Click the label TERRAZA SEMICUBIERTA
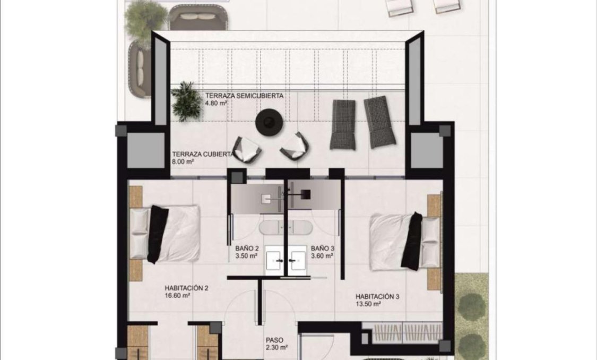pos(244,96)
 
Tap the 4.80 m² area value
pos(216,104)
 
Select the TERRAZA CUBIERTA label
pos(202,155)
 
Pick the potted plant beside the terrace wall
pos(186,100)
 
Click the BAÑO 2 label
pos(247,248)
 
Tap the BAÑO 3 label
pos(322,248)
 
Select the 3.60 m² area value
pos(322,256)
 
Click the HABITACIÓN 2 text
pos(186,288)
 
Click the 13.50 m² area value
pos(368,304)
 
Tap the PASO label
pos(275,340)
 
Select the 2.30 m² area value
pos(276,348)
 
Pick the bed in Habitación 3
pos(404,240)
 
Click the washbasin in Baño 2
pos(275,260)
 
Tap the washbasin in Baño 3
pos(297,260)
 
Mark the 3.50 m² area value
pos(246,256)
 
